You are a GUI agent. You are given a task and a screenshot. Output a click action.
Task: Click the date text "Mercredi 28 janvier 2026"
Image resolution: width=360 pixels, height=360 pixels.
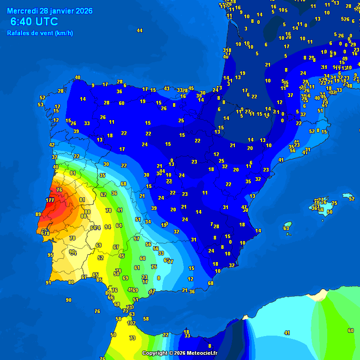tap(50, 11)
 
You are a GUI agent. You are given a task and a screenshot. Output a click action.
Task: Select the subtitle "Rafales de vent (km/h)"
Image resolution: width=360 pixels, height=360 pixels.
tap(40, 33)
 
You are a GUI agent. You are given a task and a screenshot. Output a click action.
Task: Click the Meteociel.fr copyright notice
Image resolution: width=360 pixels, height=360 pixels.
tap(180, 353)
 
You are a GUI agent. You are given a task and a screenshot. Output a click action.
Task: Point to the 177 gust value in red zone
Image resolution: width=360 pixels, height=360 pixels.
tap(50, 200)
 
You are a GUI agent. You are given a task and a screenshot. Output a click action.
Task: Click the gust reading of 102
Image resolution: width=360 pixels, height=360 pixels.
tap(132, 323)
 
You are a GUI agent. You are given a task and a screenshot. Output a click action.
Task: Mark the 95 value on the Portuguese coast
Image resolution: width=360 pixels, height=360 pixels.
tap(50, 255)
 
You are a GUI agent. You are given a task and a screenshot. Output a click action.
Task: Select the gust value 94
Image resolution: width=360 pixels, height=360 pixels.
tap(108, 227)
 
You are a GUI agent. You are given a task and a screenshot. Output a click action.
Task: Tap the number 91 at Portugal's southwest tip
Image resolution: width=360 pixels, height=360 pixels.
tap(48, 283)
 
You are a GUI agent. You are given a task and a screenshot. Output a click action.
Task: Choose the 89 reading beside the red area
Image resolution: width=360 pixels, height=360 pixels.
tap(38, 214)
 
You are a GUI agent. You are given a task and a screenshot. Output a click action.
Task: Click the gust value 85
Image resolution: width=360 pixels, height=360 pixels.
tap(99, 280)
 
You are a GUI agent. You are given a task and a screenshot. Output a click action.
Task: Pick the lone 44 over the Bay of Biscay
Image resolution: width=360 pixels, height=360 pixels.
tap(139, 30)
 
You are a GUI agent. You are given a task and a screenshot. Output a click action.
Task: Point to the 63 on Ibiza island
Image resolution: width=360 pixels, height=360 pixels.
tap(286, 228)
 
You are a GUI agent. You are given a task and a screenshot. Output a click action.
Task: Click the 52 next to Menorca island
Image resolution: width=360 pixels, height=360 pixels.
tap(352, 199)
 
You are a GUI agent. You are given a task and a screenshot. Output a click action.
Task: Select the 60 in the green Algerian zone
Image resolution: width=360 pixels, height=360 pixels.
tap(351, 330)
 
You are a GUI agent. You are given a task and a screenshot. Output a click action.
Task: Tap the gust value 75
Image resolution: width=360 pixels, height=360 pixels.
tap(154, 266)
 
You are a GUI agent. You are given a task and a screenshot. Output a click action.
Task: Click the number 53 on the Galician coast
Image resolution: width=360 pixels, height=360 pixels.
tap(41, 105)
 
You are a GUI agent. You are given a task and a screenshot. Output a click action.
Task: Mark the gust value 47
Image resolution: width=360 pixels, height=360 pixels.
tap(244, 207)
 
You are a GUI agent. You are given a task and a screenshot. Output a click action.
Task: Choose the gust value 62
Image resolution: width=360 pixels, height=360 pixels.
tap(103, 194)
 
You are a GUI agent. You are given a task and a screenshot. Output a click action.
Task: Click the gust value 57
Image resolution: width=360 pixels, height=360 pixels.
tap(136, 239)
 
